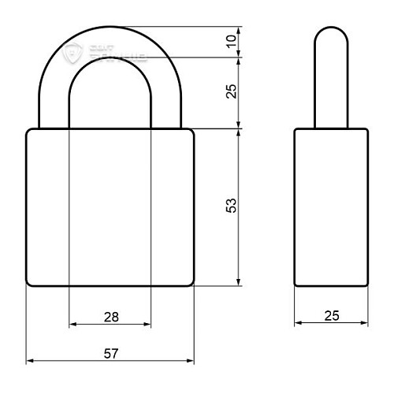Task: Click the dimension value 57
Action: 110,354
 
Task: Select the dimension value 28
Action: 110,317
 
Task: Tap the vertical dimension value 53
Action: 232,206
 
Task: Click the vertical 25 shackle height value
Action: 232,91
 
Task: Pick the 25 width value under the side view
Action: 332,316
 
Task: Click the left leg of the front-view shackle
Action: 54,106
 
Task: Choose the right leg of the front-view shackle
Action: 167,106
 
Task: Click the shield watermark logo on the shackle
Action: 76,54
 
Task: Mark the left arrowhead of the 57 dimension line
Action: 30,362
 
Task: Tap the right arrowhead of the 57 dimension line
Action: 191,362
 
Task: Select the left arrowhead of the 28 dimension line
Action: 73,324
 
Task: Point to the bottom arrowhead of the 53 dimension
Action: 239,283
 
